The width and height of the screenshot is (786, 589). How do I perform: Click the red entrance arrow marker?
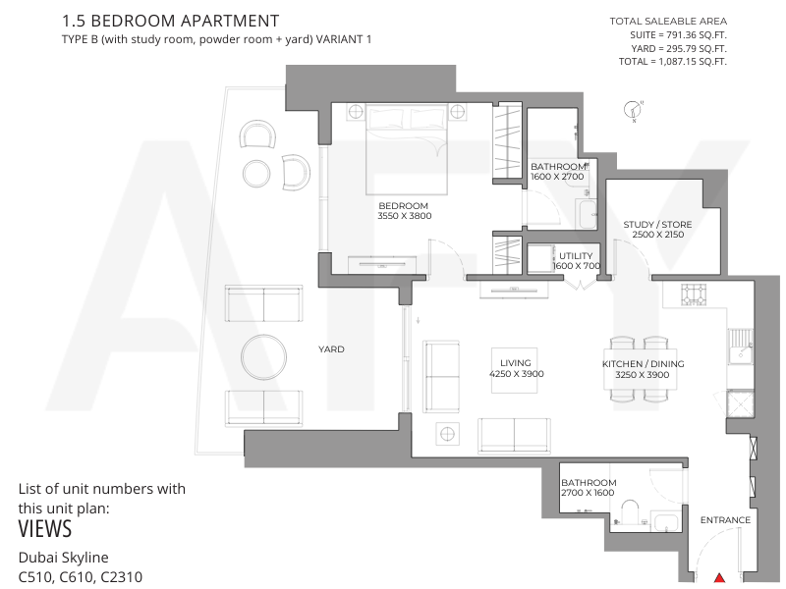click(x=719, y=578)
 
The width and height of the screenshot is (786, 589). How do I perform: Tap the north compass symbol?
click(x=633, y=110)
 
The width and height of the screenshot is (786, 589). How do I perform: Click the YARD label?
click(x=331, y=349)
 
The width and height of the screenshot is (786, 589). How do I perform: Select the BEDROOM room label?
click(x=403, y=206)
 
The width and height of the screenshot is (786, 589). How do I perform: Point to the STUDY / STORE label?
click(x=657, y=225)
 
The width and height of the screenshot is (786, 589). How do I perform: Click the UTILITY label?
click(x=576, y=256)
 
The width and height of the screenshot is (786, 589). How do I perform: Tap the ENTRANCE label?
click(x=725, y=520)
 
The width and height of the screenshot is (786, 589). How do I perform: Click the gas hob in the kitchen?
click(x=694, y=294)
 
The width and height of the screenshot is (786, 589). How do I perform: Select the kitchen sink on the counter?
click(x=741, y=346)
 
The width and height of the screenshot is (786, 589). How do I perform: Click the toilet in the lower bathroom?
click(x=628, y=512)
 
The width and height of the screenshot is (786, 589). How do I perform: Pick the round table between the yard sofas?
click(x=263, y=357)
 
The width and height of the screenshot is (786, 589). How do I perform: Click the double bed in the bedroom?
click(x=407, y=149)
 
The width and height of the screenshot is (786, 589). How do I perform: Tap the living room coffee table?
click(x=514, y=371)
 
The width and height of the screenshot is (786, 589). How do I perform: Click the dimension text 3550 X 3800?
click(x=405, y=216)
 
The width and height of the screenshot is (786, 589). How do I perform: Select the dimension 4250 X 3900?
click(x=517, y=374)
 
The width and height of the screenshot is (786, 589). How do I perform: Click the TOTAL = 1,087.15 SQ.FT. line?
click(x=673, y=62)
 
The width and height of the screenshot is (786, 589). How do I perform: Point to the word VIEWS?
click(x=45, y=529)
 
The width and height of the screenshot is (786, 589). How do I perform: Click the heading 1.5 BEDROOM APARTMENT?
click(x=170, y=21)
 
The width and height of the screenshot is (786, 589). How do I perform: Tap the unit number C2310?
click(x=121, y=577)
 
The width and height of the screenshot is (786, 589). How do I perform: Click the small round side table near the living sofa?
click(x=447, y=434)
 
